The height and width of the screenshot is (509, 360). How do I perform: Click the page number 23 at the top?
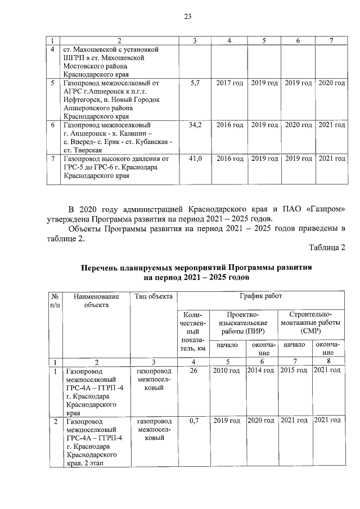tap(188, 17)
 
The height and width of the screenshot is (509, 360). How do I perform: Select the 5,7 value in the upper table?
tap(196, 83)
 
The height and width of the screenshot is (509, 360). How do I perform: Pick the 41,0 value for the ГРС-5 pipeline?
tap(196, 159)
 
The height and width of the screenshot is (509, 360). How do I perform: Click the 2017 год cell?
tap(229, 83)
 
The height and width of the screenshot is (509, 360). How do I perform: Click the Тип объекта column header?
tap(153, 296)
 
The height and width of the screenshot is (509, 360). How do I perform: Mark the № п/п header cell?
tap(56, 300)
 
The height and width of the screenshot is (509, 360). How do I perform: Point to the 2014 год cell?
tap(260, 371)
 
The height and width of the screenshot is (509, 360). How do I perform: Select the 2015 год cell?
tap(294, 371)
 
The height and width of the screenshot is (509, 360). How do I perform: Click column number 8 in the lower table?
tap(328, 361)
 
